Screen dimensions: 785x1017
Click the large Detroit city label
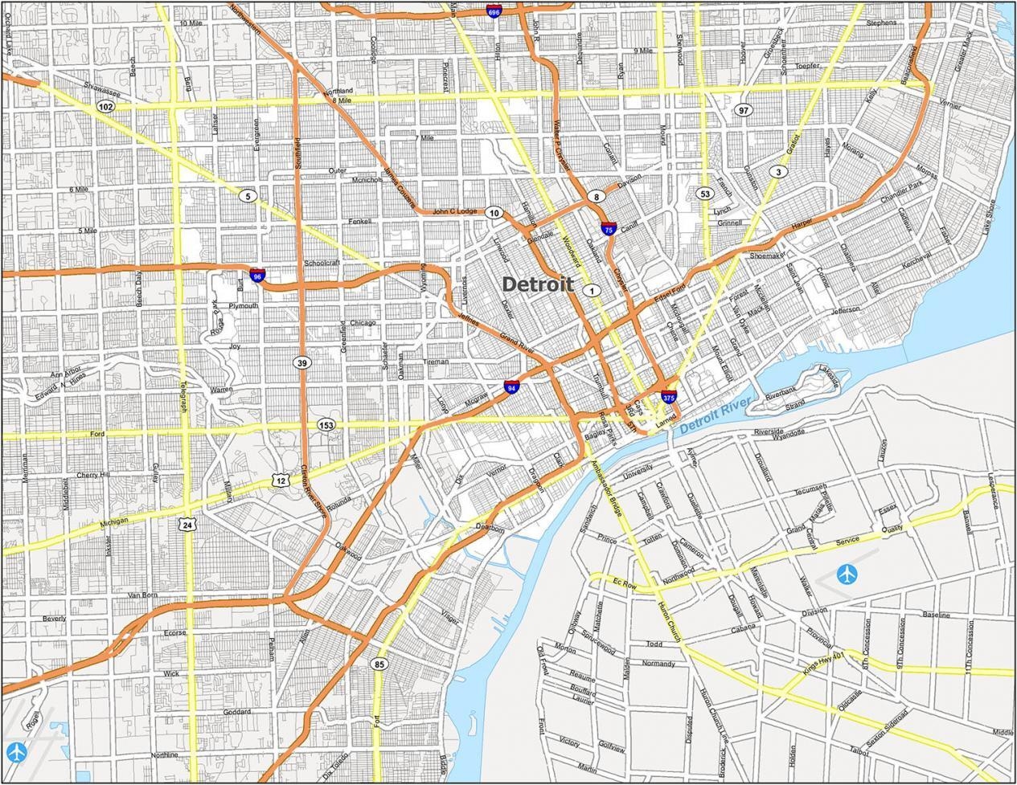[537, 284]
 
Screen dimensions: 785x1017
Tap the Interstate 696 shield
[494, 11]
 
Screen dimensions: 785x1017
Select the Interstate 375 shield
[669, 396]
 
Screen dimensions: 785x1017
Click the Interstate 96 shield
[257, 276]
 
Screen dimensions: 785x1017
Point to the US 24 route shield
[187, 524]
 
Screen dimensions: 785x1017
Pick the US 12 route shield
[280, 480]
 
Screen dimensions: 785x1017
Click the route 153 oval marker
[326, 424]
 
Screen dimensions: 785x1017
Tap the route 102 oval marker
[105, 106]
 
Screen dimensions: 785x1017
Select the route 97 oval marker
[744, 110]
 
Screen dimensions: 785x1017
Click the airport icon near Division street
[847, 574]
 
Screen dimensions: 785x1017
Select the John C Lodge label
[455, 212]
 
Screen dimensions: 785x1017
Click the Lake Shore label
[989, 217]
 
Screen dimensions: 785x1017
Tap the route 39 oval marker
[301, 362]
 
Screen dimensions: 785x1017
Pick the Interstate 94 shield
[511, 387]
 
